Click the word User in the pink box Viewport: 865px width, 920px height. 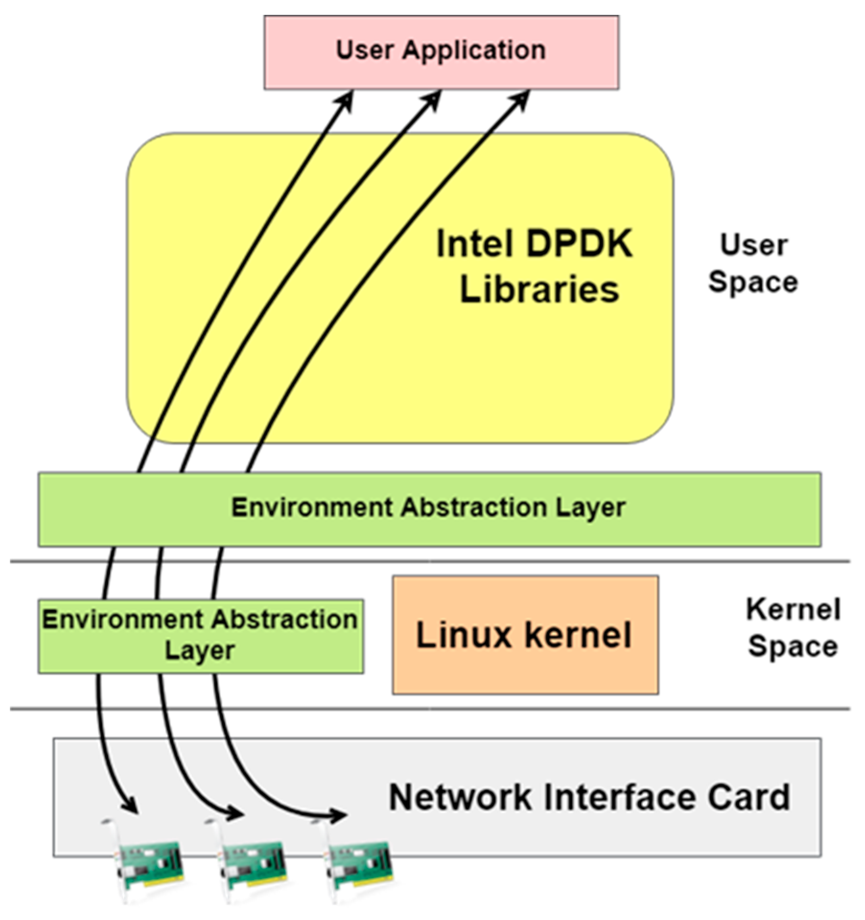(x=364, y=50)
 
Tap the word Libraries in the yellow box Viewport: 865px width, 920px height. (x=539, y=290)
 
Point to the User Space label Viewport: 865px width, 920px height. (x=753, y=264)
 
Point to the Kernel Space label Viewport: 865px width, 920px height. (x=793, y=628)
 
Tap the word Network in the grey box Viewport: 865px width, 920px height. (x=460, y=798)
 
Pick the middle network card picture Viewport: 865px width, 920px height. (x=252, y=862)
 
